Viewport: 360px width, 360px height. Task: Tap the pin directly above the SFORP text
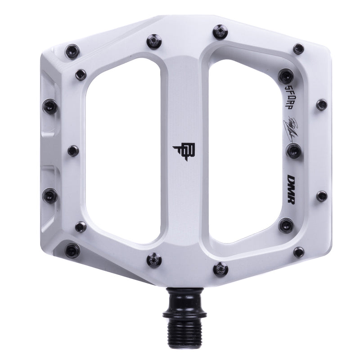click(x=286, y=73)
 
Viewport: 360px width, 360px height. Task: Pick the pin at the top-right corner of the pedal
click(x=298, y=49)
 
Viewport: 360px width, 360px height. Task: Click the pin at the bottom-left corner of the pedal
click(x=71, y=250)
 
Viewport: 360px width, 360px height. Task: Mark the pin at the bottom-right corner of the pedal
click(x=298, y=252)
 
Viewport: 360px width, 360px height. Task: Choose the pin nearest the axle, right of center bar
click(x=220, y=268)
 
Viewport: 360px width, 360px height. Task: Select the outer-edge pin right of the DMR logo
click(x=321, y=196)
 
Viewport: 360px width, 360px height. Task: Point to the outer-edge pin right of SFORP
click(x=321, y=105)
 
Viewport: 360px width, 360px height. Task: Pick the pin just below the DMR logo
click(x=286, y=225)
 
